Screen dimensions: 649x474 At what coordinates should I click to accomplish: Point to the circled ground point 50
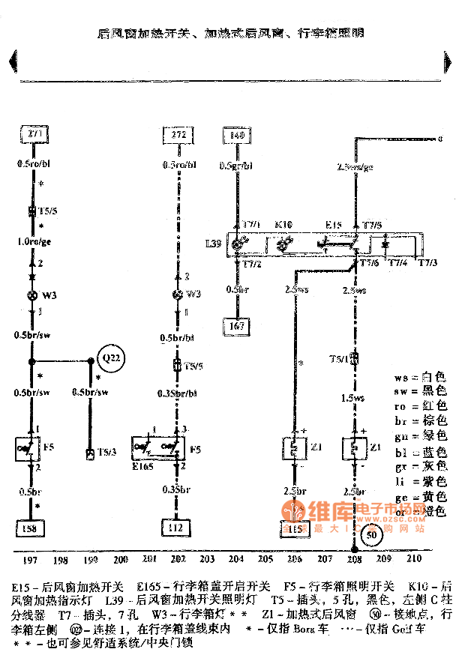pyautogui.click(x=370, y=536)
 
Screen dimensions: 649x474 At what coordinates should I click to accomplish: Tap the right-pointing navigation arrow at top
pyautogui.click(x=447, y=61)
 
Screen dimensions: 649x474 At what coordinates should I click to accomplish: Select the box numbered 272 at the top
pyautogui.click(x=177, y=135)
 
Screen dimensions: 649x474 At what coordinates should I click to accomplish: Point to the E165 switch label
pyautogui.click(x=143, y=465)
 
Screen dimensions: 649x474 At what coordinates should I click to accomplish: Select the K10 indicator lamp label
pyautogui.click(x=283, y=224)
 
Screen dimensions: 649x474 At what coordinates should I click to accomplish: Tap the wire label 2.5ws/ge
pyautogui.click(x=355, y=166)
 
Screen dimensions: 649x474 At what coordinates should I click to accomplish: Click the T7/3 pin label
pyautogui.click(x=429, y=262)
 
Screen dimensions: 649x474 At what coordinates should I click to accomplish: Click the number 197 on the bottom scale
pyautogui.click(x=31, y=559)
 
